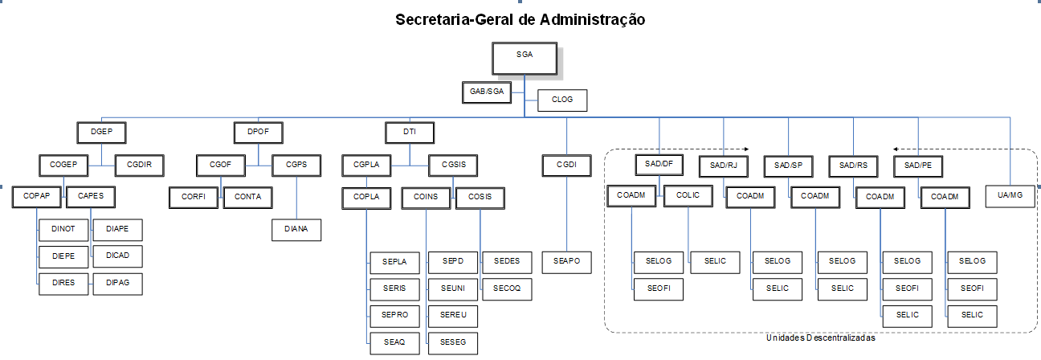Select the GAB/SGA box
pyautogui.click(x=487, y=92)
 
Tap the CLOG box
pyautogui.click(x=562, y=100)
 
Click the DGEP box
pyautogui.click(x=102, y=132)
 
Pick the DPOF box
pyautogui.click(x=259, y=132)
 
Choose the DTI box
pyautogui.click(x=410, y=132)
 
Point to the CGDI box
pyautogui.click(x=567, y=166)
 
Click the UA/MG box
pyautogui.click(x=1010, y=196)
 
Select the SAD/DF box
pyautogui.click(x=659, y=164)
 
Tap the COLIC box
pyautogui.click(x=688, y=196)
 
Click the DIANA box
pyautogui.click(x=297, y=230)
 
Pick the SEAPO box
pyautogui.click(x=567, y=261)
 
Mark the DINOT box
pyautogui.click(x=63, y=229)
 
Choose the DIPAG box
pyautogui.click(x=117, y=283)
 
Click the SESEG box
pyautogui.click(x=453, y=342)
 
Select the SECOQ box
pyautogui.click(x=507, y=288)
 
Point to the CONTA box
pyautogui.click(x=247, y=196)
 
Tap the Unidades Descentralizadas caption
pyautogui.click(x=819, y=338)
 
